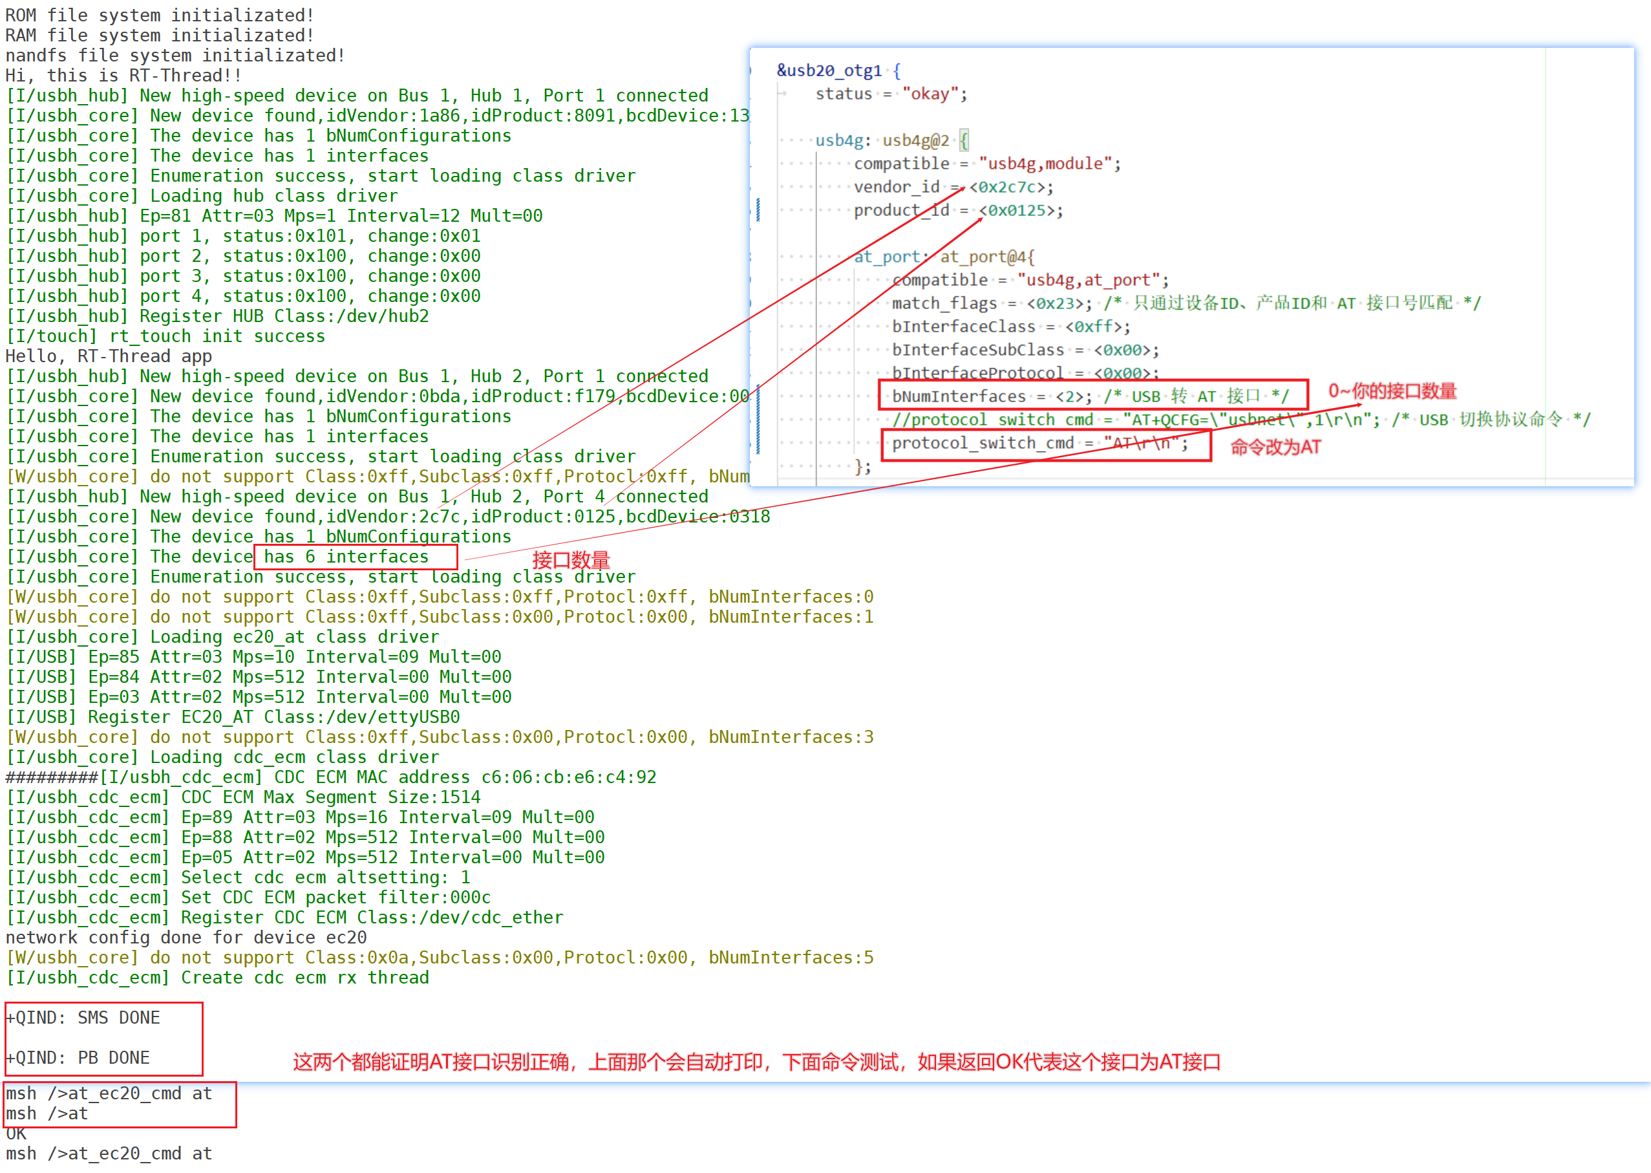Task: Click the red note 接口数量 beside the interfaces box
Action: pos(571,560)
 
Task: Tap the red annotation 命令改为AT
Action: pos(1275,447)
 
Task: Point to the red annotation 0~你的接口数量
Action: pos(1392,391)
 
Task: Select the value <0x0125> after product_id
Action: pos(1021,211)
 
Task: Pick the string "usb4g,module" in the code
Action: pos(1045,164)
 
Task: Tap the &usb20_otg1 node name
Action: pos(829,70)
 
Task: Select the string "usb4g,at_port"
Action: pos(1088,280)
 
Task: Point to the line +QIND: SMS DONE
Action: pos(83,1018)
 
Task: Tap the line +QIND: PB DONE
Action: pos(78,1057)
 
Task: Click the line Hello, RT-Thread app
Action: pos(109,356)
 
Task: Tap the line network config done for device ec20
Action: pos(186,938)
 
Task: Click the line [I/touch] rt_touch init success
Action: pos(166,337)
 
